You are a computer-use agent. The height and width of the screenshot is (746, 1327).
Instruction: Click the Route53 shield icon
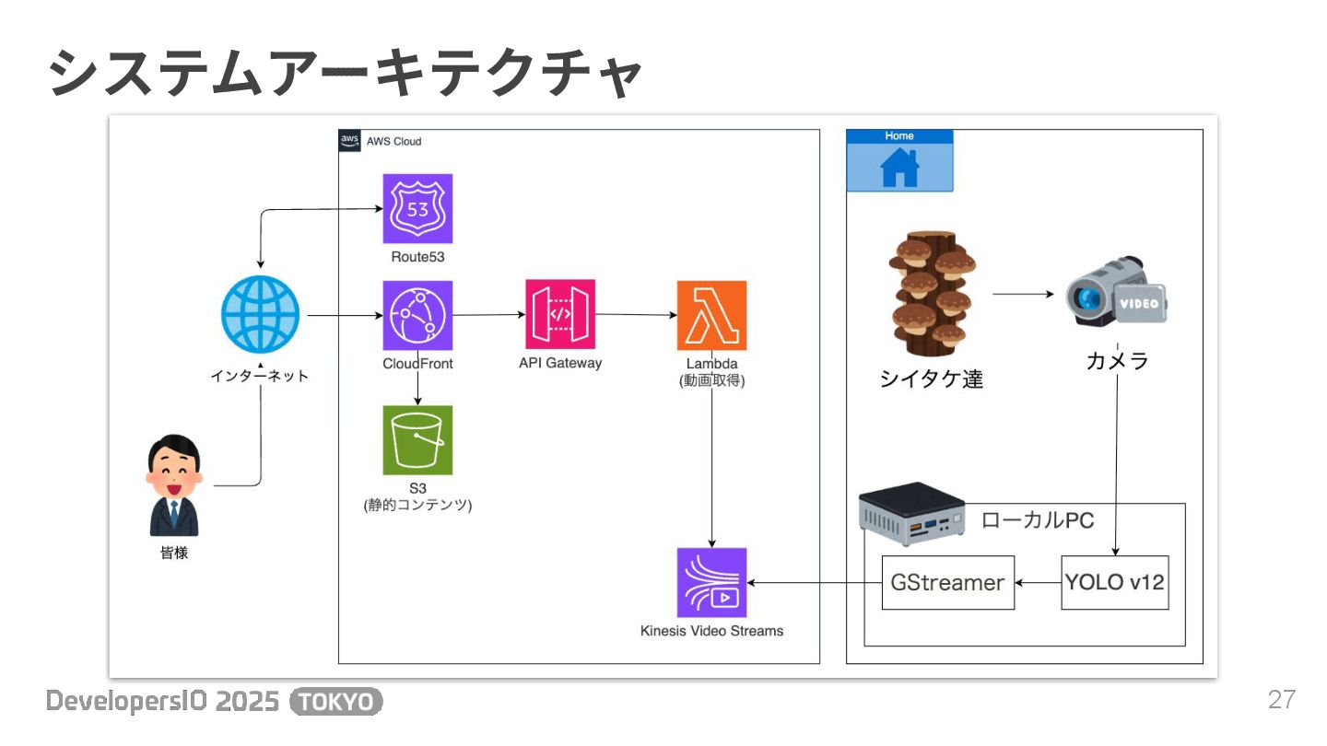[x=417, y=208]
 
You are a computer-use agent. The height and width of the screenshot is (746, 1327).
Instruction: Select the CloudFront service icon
[x=417, y=315]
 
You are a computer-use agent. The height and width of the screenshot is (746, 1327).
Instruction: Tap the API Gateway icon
[x=560, y=314]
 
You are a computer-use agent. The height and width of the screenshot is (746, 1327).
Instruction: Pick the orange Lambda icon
[x=711, y=315]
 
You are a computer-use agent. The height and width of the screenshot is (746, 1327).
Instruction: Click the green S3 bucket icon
[x=417, y=440]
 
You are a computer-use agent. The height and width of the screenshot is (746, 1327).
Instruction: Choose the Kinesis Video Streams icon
[x=711, y=582]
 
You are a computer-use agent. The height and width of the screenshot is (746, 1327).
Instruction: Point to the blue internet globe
[x=261, y=314]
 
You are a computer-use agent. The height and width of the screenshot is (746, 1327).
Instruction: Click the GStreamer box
[x=947, y=582]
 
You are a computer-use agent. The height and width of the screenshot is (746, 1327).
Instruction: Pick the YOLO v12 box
[x=1115, y=582]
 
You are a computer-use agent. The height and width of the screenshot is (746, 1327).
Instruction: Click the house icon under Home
[x=899, y=168]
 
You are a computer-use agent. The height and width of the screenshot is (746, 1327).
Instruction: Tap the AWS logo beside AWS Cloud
[x=349, y=141]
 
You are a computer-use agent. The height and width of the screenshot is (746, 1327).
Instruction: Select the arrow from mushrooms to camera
[x=1023, y=295]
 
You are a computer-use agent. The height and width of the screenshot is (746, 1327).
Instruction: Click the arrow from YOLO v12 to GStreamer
[x=1038, y=582]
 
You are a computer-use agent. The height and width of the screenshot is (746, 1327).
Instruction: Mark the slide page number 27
[x=1282, y=700]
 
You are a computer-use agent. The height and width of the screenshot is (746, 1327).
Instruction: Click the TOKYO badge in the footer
[x=335, y=702]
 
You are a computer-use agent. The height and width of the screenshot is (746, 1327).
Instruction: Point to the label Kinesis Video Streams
[x=711, y=631]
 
